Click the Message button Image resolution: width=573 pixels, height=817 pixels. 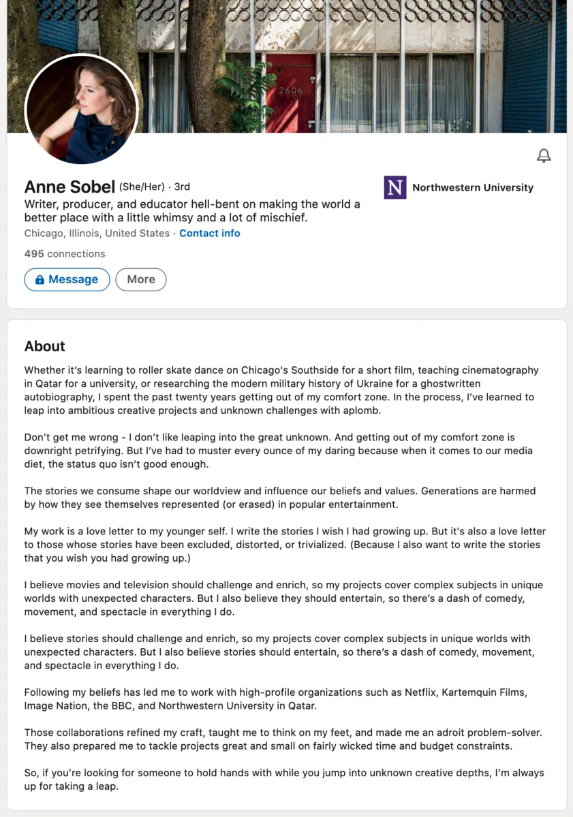[67, 279]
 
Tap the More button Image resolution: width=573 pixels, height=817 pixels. [141, 279]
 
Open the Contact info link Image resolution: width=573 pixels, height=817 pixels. [210, 233]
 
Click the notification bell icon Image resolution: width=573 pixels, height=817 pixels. [544, 156]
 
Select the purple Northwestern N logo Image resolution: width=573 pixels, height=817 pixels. [395, 187]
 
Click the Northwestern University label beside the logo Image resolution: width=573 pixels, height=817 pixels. [473, 187]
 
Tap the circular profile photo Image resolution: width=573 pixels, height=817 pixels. [82, 109]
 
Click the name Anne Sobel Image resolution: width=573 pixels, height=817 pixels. [69, 187]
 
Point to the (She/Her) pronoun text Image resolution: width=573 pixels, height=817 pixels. [142, 187]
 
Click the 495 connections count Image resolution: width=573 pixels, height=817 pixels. [65, 253]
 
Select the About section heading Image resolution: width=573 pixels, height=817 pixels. [45, 346]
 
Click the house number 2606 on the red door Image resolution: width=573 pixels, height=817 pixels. [290, 91]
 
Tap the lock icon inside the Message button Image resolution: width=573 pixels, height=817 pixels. [40, 280]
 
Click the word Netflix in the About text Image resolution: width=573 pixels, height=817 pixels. [421, 692]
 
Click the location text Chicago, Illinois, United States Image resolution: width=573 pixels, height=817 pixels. [97, 233]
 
